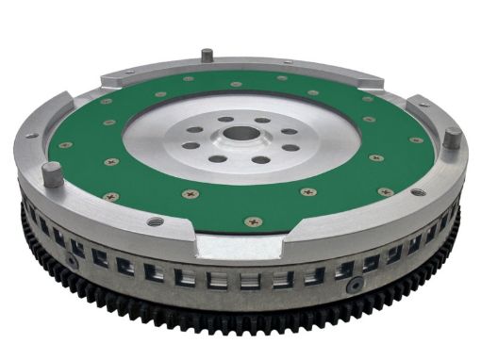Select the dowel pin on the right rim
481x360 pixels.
tap(451, 137)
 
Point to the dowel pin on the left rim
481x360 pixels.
tap(53, 174)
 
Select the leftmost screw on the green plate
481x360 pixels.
tap(67, 144)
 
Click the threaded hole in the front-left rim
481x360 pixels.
tap(155, 221)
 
